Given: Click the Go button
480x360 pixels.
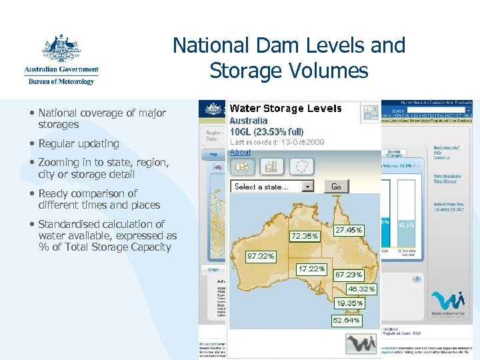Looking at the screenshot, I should coord(336,187).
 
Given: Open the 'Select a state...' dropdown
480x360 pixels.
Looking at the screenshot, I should coord(273,187).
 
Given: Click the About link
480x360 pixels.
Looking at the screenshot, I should coord(241,152).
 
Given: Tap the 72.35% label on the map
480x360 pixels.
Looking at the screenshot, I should coord(305,236).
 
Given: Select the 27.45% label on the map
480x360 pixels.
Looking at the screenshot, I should coord(349,230).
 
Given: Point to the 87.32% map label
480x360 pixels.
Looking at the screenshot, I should coord(261,256).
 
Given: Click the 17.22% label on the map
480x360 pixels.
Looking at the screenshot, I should coord(311,269).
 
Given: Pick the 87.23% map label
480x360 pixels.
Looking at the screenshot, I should coord(349,275).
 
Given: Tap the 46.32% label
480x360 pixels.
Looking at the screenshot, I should coord(362,289).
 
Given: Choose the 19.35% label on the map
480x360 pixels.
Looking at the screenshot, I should coord(350,303).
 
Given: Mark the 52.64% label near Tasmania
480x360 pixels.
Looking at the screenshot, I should coord(347,320).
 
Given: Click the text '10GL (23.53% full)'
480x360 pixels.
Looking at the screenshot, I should coord(267,131).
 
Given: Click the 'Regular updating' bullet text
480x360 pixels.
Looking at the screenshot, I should coord(79,143).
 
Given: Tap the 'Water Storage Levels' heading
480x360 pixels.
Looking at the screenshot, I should coord(286,109).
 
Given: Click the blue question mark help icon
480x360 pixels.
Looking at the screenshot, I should coord(417,279).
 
